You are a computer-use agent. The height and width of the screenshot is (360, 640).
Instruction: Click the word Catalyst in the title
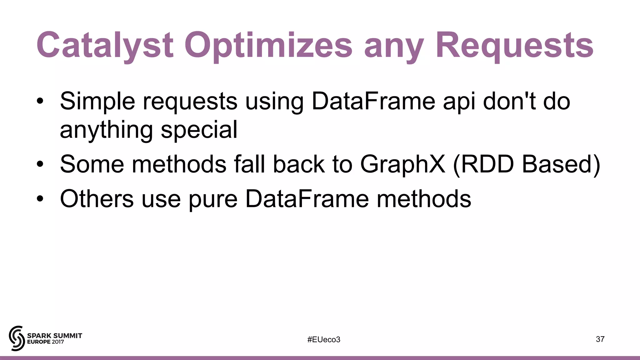tap(105, 45)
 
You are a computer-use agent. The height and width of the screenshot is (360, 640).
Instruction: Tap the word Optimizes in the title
tap(268, 45)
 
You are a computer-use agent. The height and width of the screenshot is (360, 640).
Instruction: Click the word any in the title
tap(394, 47)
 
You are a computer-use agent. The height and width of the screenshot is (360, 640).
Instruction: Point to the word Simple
tap(97, 102)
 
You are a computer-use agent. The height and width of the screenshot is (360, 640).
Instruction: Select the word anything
tap(106, 131)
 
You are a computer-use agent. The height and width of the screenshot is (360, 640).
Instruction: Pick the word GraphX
tap(402, 165)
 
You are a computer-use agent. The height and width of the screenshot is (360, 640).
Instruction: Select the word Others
tap(97, 199)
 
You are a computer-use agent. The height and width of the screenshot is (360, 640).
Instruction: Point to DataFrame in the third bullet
tap(307, 199)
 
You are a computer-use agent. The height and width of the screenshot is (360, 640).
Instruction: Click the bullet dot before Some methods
tap(40, 165)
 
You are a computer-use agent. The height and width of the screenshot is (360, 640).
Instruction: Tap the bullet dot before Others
tap(40, 199)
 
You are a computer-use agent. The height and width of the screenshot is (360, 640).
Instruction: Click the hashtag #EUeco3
tap(323, 339)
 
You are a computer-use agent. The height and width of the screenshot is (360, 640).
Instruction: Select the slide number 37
tap(600, 339)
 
